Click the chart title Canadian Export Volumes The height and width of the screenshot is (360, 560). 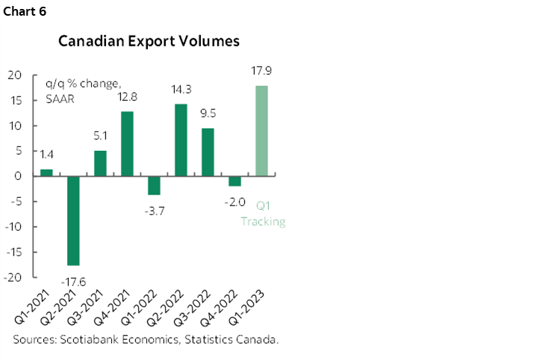tap(149, 41)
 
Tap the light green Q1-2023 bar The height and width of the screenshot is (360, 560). tap(262, 131)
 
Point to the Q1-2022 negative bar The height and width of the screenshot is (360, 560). tap(154, 185)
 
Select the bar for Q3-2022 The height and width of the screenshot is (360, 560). tap(208, 152)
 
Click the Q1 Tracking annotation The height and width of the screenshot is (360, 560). tap(263, 214)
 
